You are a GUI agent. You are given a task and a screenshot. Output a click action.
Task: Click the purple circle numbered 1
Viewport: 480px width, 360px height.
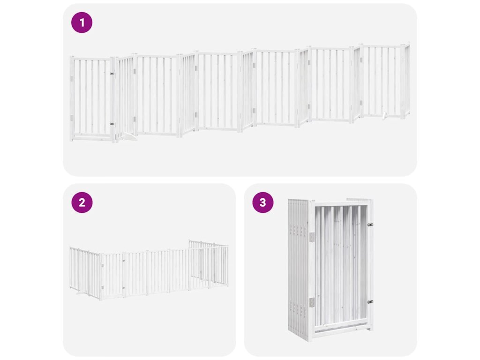[82, 22]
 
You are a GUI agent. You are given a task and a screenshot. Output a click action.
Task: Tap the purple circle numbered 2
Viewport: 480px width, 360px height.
[82, 202]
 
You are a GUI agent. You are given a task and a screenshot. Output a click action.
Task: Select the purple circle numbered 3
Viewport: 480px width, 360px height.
[262, 202]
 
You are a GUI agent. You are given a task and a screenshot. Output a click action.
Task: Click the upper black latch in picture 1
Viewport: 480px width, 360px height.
[112, 74]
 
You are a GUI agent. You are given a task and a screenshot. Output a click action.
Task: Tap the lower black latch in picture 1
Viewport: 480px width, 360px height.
[112, 124]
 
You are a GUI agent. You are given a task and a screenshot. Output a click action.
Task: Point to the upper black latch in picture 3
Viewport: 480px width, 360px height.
[370, 225]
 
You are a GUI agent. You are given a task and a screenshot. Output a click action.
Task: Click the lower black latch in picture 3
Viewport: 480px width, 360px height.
[370, 302]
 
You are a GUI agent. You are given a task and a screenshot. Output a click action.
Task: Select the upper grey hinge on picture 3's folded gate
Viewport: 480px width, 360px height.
[312, 237]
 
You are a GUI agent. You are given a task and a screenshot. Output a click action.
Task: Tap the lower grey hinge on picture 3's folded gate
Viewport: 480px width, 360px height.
[312, 302]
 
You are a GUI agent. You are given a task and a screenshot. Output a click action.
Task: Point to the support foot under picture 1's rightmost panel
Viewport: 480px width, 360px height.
[385, 115]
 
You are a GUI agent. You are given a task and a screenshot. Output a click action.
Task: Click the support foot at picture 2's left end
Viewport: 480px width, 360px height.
[81, 293]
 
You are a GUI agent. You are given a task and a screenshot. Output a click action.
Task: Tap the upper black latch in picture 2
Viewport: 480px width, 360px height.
[124, 261]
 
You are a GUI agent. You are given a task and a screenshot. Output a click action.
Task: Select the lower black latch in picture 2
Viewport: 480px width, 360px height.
[124, 288]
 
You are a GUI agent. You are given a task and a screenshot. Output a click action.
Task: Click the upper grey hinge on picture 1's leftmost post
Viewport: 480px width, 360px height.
[72, 79]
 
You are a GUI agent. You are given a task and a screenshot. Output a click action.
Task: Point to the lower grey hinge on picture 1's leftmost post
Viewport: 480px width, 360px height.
[72, 118]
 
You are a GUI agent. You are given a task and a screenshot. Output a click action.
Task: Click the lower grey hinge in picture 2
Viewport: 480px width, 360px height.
[102, 288]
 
